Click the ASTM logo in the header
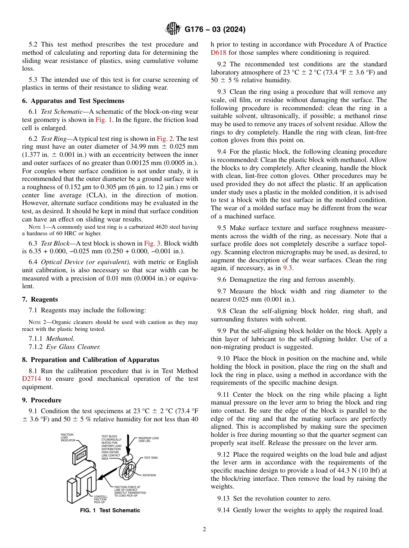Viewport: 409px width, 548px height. (x=173, y=29)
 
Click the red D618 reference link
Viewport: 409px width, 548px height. (x=218, y=53)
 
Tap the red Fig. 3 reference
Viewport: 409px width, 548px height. (x=152, y=243)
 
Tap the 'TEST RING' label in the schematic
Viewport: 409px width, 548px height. (x=151, y=458)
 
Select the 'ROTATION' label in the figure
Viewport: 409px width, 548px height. (x=149, y=475)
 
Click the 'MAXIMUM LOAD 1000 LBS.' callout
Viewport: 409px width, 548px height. (x=149, y=439)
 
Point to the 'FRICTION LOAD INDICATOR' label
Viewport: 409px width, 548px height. (x=68, y=438)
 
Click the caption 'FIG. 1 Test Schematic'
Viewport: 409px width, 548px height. (x=110, y=511)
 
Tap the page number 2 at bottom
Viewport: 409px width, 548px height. (x=204, y=529)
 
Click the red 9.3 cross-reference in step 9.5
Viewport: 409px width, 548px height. (x=288, y=268)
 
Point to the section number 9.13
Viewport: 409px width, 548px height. (x=224, y=498)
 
